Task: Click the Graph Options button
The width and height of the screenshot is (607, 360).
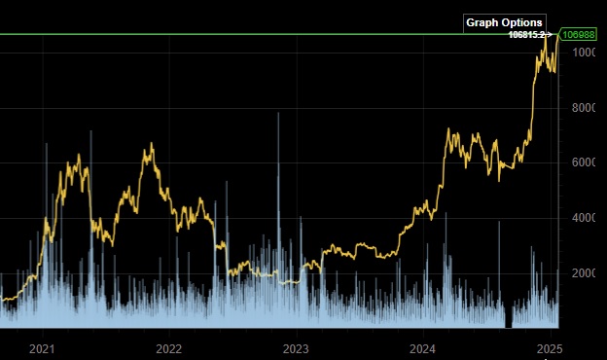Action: [x=504, y=22]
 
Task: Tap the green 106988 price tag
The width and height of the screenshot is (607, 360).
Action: [x=580, y=35]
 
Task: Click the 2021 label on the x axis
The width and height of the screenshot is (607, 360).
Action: [x=42, y=347]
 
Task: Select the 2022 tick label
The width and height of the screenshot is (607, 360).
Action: [x=168, y=347]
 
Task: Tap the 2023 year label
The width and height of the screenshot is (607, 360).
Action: [x=296, y=347]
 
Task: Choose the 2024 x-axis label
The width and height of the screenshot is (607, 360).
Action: [x=422, y=347]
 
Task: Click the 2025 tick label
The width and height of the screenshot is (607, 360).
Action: [x=550, y=347]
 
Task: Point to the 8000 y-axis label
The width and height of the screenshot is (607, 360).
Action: [x=587, y=108]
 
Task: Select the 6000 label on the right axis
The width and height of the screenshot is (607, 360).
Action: [x=587, y=162]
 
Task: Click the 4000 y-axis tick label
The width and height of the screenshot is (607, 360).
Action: [x=587, y=218]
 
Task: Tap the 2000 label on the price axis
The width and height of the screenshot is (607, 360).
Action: [x=587, y=273]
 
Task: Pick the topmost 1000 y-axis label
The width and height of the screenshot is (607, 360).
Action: [x=587, y=53]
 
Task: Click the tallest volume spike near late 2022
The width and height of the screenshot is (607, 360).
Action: [x=278, y=117]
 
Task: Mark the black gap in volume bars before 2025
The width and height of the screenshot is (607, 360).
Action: [x=508, y=319]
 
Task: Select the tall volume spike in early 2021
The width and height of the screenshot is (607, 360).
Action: [x=47, y=149]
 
